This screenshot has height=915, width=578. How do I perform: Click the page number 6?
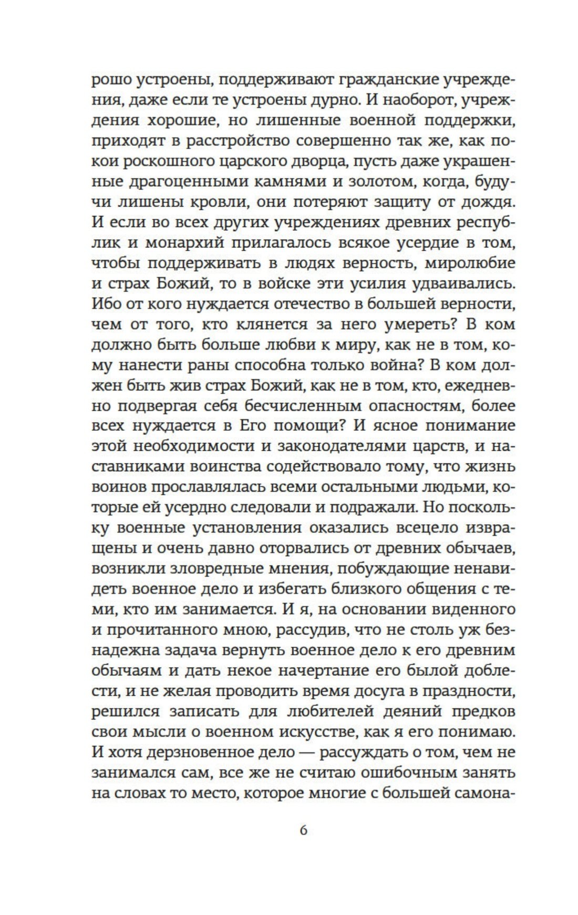pos(303,830)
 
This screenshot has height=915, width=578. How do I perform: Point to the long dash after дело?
pos(304,752)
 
